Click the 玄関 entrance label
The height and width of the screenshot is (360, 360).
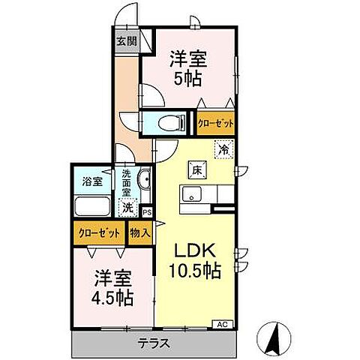click(x=126, y=42)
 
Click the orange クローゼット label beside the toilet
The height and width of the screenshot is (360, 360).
click(x=215, y=123)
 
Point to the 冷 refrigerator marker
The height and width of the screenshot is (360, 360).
click(x=223, y=148)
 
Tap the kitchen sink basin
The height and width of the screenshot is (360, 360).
click(x=193, y=196)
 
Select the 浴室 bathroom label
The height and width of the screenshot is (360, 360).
click(x=93, y=181)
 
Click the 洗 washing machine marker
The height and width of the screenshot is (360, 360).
click(x=129, y=206)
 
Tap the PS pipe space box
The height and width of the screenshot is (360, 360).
click(x=146, y=213)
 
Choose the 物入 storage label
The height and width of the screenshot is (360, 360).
click(x=139, y=232)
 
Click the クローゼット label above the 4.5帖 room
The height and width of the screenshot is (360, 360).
click(x=100, y=232)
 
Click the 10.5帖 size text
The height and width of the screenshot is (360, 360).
click(x=194, y=271)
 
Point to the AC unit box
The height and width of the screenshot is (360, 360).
click(x=222, y=324)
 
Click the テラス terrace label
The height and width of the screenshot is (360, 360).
click(x=154, y=344)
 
